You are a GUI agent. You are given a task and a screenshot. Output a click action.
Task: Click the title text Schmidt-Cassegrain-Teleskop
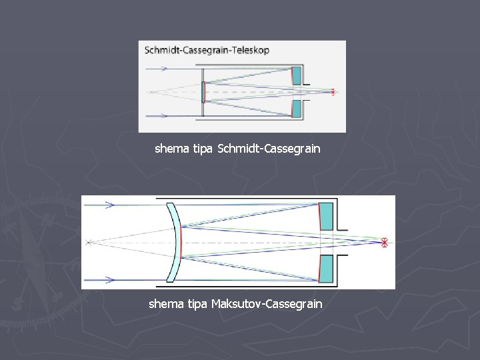point(207,50)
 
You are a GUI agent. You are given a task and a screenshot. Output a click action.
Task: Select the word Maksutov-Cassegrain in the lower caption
point(267,304)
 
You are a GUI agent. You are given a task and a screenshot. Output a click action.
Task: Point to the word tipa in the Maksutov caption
point(195,304)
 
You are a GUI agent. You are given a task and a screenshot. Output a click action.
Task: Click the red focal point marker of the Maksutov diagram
point(384,243)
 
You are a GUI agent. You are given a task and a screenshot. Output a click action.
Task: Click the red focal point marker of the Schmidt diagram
point(333,92)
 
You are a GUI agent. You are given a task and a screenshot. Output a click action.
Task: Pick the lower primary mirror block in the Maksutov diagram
point(326,269)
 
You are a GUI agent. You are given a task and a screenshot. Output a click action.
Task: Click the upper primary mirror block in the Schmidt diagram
point(297,75)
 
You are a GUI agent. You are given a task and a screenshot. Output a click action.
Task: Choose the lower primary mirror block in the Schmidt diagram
point(297,108)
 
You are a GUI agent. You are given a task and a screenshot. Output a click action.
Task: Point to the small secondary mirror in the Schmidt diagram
point(203,92)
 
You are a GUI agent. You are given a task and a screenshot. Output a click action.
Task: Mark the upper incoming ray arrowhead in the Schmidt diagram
point(164,69)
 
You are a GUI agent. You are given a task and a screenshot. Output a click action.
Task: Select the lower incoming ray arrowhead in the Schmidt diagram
point(164,115)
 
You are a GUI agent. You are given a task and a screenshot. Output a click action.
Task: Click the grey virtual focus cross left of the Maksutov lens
point(89,243)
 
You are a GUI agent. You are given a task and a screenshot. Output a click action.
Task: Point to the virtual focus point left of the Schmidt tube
point(150,92)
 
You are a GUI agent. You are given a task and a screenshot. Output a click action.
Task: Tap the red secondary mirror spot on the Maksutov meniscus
point(181,243)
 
